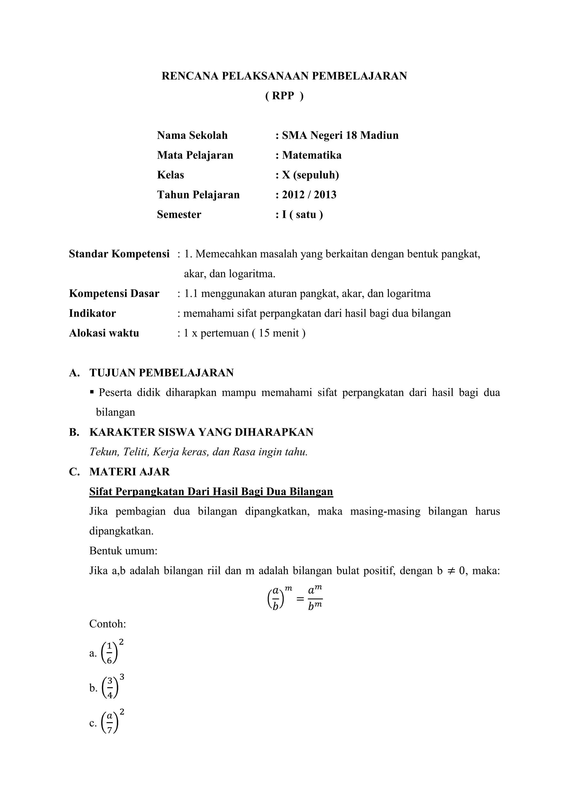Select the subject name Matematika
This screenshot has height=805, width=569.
pos(312,155)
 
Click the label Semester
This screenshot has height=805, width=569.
pos(179,214)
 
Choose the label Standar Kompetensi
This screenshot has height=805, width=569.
pos(119,254)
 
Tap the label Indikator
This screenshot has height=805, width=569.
pos(92,313)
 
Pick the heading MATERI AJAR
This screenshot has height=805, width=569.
pos(129,472)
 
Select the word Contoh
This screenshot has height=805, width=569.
pos(107,624)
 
